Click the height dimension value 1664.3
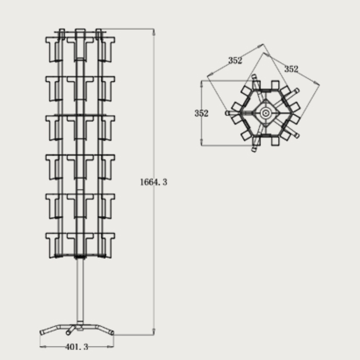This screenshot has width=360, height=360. (153, 182)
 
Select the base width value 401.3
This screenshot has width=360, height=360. (76, 346)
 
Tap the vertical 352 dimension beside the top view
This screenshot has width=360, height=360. (201, 113)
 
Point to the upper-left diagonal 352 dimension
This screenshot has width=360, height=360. (235, 60)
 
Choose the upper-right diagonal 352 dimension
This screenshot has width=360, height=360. (291, 69)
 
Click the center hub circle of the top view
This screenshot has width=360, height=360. (265, 113)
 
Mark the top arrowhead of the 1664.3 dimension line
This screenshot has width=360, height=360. (153, 32)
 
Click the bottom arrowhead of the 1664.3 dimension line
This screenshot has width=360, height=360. (153, 332)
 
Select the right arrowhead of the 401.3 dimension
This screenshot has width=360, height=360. (110, 346)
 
